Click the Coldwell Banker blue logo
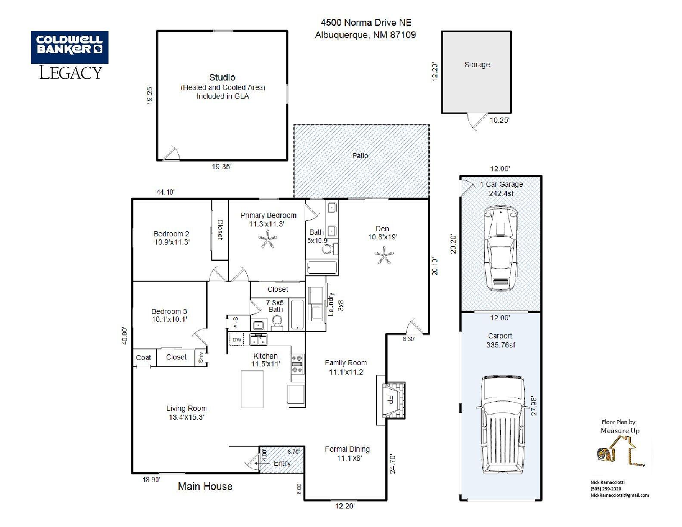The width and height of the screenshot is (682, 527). coord(70,47)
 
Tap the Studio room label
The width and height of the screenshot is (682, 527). coord(222,77)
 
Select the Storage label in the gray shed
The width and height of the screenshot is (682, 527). coord(477,65)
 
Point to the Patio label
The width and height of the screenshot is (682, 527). coord(360,156)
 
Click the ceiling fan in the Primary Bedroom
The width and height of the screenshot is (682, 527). coord(268,239)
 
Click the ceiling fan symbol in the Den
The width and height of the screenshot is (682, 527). coord(384,255)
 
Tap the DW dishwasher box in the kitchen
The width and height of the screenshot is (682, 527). coord(237,340)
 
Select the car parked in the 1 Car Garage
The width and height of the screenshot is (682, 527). coord(500,248)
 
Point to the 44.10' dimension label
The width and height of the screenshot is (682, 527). coord(165,192)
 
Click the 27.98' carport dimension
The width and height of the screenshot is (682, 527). coord(534,406)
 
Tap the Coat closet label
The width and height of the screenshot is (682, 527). coord(143,357)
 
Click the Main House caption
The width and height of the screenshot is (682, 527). coord(205,486)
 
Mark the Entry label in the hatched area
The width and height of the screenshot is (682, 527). coord(282,463)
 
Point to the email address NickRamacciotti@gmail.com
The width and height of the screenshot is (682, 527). coord(620,495)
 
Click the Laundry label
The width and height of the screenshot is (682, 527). coord(330,304)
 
